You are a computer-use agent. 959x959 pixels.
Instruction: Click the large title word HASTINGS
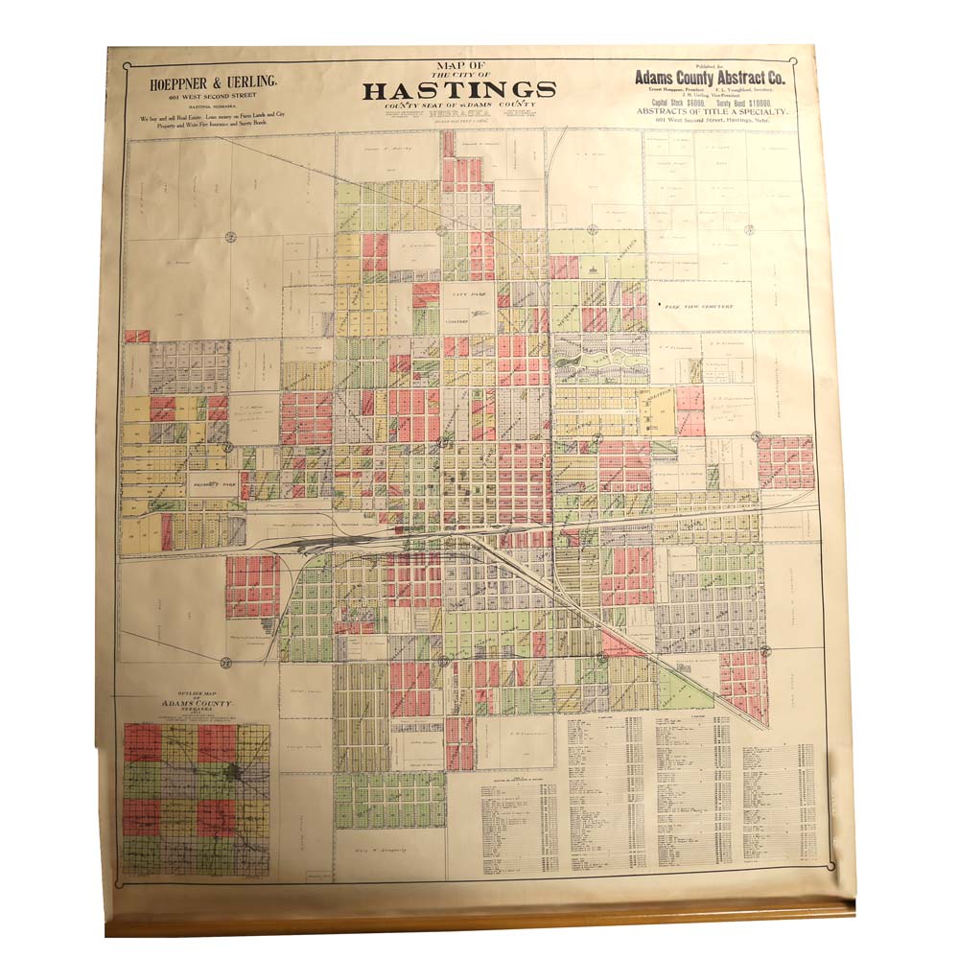point(459,90)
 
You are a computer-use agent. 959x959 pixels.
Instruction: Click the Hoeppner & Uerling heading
point(214,83)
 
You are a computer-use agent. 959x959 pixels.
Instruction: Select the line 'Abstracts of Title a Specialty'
point(711,112)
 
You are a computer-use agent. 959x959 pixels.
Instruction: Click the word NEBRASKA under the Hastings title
point(459,110)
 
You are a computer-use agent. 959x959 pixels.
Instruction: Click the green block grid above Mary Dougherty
point(389,799)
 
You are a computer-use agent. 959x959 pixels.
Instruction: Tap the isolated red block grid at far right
point(785,461)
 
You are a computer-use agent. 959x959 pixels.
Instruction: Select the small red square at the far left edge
point(136,337)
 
